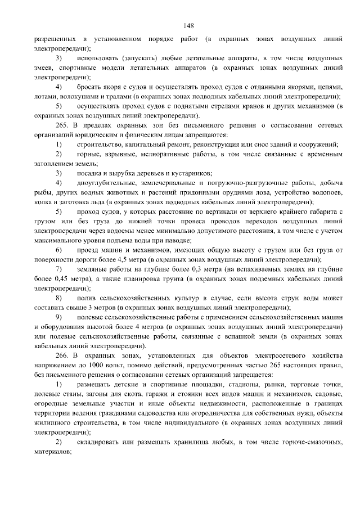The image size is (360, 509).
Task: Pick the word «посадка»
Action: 89,173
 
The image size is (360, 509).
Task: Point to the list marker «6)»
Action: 58,249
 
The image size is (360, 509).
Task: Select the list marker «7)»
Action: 58,269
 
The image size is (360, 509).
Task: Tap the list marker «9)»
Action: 58,317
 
